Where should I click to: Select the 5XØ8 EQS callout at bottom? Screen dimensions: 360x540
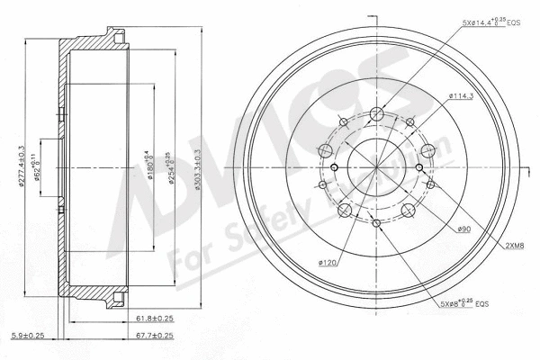[463, 303]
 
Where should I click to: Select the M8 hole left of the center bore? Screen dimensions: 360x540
[334, 167]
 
